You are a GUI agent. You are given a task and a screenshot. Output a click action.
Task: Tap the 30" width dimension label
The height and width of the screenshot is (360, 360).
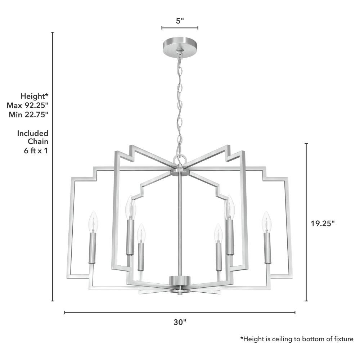180,322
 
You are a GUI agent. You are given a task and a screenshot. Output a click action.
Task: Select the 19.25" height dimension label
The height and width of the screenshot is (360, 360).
323,223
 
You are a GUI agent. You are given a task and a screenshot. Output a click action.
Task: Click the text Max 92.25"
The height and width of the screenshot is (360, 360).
28,105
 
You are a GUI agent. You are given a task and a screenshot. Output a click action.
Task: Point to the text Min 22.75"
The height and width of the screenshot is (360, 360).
28,114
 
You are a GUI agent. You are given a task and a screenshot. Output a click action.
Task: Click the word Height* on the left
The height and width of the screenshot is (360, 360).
35,96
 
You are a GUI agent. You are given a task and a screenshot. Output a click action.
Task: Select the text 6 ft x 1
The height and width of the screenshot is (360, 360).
36,150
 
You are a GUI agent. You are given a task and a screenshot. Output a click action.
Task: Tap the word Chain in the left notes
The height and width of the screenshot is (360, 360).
38,141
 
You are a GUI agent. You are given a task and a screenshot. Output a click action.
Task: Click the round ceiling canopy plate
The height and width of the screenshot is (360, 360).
180,46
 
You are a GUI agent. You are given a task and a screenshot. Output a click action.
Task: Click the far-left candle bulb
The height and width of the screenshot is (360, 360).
93,221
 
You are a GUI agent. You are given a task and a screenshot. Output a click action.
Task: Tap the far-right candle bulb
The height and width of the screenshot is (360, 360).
266,221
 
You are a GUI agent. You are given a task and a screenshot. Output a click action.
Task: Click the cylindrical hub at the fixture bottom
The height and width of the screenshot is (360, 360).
180,280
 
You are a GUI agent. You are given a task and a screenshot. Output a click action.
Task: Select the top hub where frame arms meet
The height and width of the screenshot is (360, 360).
180,171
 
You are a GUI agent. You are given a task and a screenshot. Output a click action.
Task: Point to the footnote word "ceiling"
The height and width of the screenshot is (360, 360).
283,339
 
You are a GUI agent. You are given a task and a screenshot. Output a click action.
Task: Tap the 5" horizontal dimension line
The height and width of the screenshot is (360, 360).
180,28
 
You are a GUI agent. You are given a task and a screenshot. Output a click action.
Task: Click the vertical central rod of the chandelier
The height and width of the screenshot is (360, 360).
180,226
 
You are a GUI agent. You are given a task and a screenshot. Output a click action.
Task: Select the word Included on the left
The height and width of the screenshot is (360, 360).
33,133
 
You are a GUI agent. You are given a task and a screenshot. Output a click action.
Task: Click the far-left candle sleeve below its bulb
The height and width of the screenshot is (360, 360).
93,248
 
